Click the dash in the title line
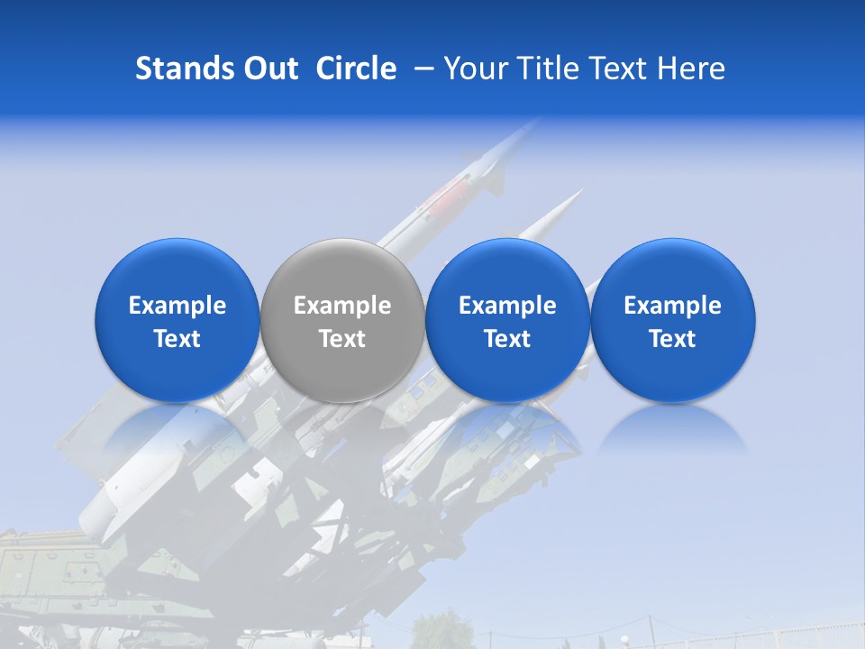424,69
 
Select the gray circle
342,321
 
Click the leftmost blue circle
178,321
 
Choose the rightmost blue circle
673,321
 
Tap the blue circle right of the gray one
507,321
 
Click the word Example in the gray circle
342,306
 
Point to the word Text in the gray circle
342,339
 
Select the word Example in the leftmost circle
178,306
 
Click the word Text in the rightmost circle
673,339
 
